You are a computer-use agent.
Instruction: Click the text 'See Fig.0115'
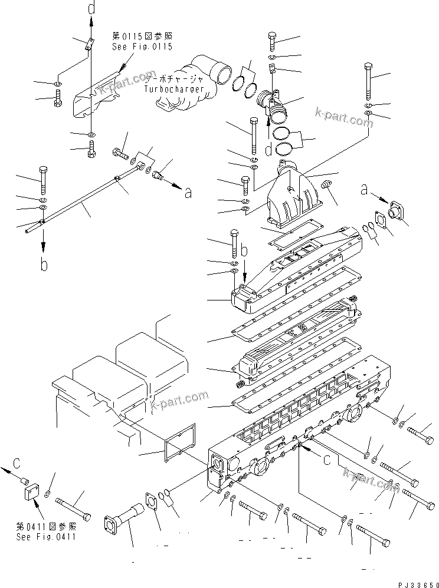(142, 47)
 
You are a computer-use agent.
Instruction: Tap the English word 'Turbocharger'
(174, 89)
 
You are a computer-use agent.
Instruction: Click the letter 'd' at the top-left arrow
(90, 9)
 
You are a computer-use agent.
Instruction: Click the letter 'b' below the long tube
(44, 265)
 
